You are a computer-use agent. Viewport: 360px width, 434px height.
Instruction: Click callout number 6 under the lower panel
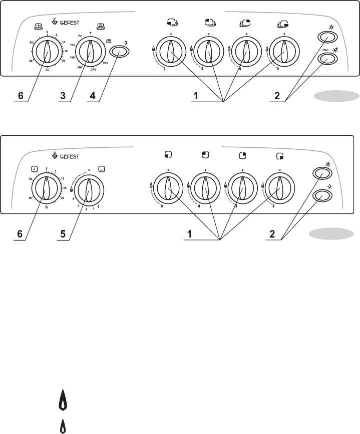[21, 233]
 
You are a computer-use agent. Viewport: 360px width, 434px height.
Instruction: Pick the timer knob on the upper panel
[47, 51]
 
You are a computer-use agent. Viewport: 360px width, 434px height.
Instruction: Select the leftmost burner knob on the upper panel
[170, 51]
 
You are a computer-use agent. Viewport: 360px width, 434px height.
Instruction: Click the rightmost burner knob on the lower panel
[279, 188]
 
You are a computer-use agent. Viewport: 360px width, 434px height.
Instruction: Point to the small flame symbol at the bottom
[63, 426]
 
